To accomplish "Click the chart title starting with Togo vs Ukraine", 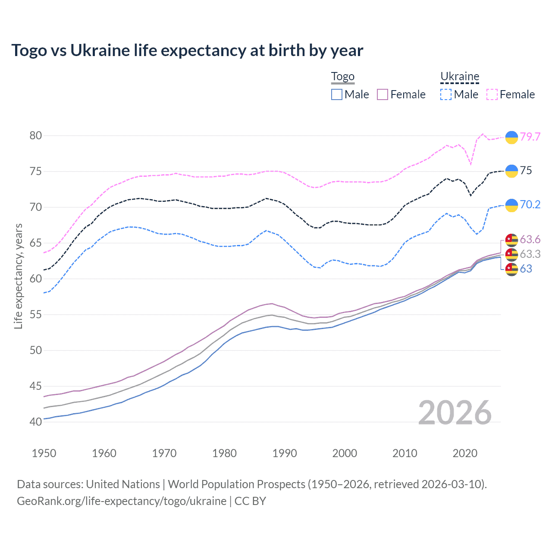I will [187, 50].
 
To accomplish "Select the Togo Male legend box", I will [337, 94].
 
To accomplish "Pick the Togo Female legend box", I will [383, 94].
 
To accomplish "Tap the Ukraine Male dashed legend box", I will [446, 94].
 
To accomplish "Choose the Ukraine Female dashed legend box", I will [492, 94].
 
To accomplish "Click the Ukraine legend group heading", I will [460, 77].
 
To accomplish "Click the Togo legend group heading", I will [342, 77].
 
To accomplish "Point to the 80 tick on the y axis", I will [36, 135].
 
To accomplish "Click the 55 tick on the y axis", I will [36, 314].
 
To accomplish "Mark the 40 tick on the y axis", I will [36, 422].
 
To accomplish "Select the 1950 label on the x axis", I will [44, 453].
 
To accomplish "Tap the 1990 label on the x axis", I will [285, 453].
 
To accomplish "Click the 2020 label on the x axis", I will [465, 453].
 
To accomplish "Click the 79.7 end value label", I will [530, 137].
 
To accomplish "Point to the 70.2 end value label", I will [530, 204].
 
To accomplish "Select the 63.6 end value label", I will [530, 239].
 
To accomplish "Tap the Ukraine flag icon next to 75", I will [511, 171].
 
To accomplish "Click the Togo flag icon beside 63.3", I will [511, 254].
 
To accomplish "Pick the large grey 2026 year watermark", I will [455, 413].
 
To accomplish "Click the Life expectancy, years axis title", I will [19, 276].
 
